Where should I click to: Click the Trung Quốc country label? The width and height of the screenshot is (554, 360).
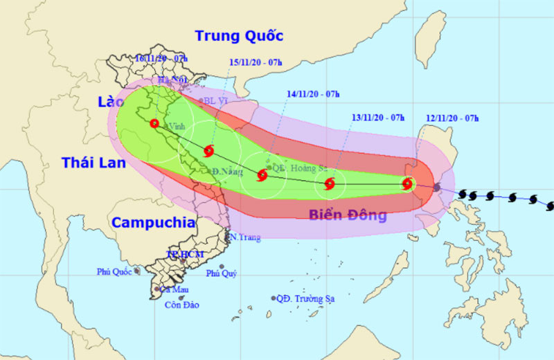[239, 36]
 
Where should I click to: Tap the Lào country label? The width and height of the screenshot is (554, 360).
[109, 102]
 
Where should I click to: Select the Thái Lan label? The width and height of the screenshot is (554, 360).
[93, 163]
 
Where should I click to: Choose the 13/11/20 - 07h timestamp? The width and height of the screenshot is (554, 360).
[378, 118]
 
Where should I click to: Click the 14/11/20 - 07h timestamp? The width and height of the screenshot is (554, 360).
[313, 94]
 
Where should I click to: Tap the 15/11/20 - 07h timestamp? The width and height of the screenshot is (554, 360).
[256, 62]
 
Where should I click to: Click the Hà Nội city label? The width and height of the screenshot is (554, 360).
[173, 81]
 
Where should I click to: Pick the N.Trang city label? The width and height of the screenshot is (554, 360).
[245, 237]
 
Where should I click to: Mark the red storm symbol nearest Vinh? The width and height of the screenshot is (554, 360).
[154, 123]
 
